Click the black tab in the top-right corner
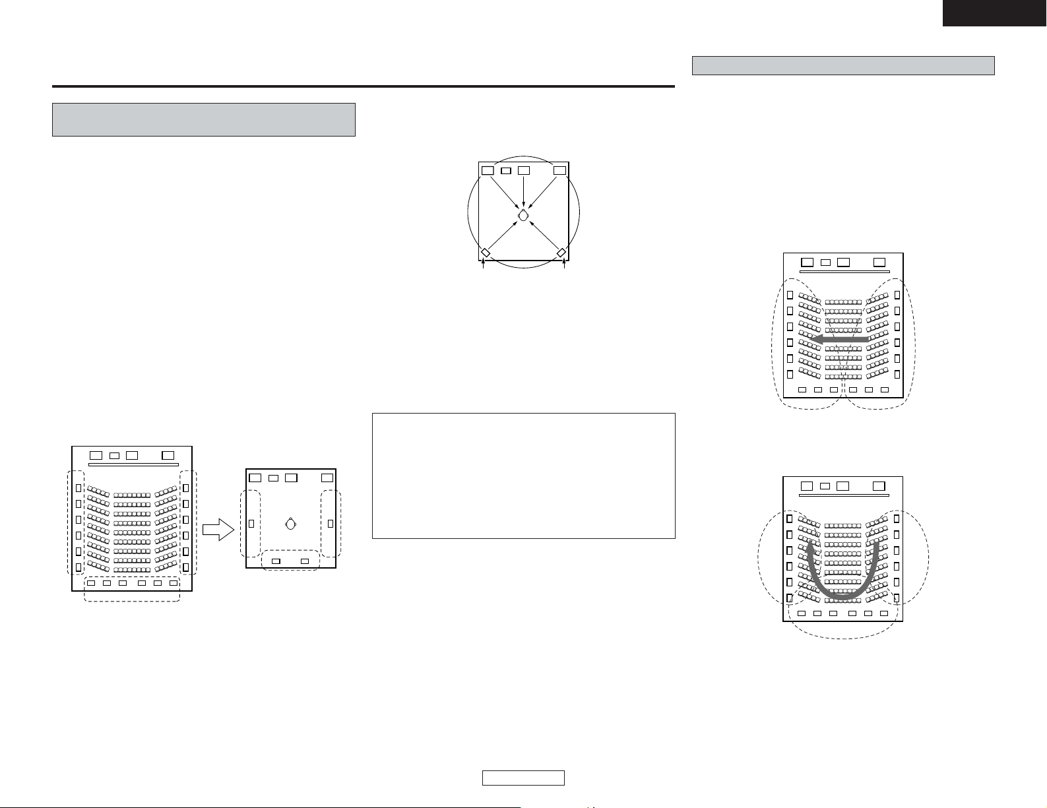[994, 13]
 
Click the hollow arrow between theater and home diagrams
[218, 529]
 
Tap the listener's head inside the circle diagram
[523, 215]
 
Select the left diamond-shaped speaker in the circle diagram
[485, 253]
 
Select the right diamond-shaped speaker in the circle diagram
[561, 253]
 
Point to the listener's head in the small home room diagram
[291, 524]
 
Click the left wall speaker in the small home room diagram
[251, 524]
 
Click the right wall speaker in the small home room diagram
[330, 524]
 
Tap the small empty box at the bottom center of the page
[523, 778]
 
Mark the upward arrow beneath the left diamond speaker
[485, 265]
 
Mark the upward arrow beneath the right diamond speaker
[565, 265]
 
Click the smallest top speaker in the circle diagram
[506, 171]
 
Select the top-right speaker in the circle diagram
[559, 170]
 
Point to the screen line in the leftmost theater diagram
[133, 464]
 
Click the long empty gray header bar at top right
[843, 66]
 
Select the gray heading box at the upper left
[204, 119]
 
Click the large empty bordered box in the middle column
[523, 476]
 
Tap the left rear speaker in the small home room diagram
[276, 561]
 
